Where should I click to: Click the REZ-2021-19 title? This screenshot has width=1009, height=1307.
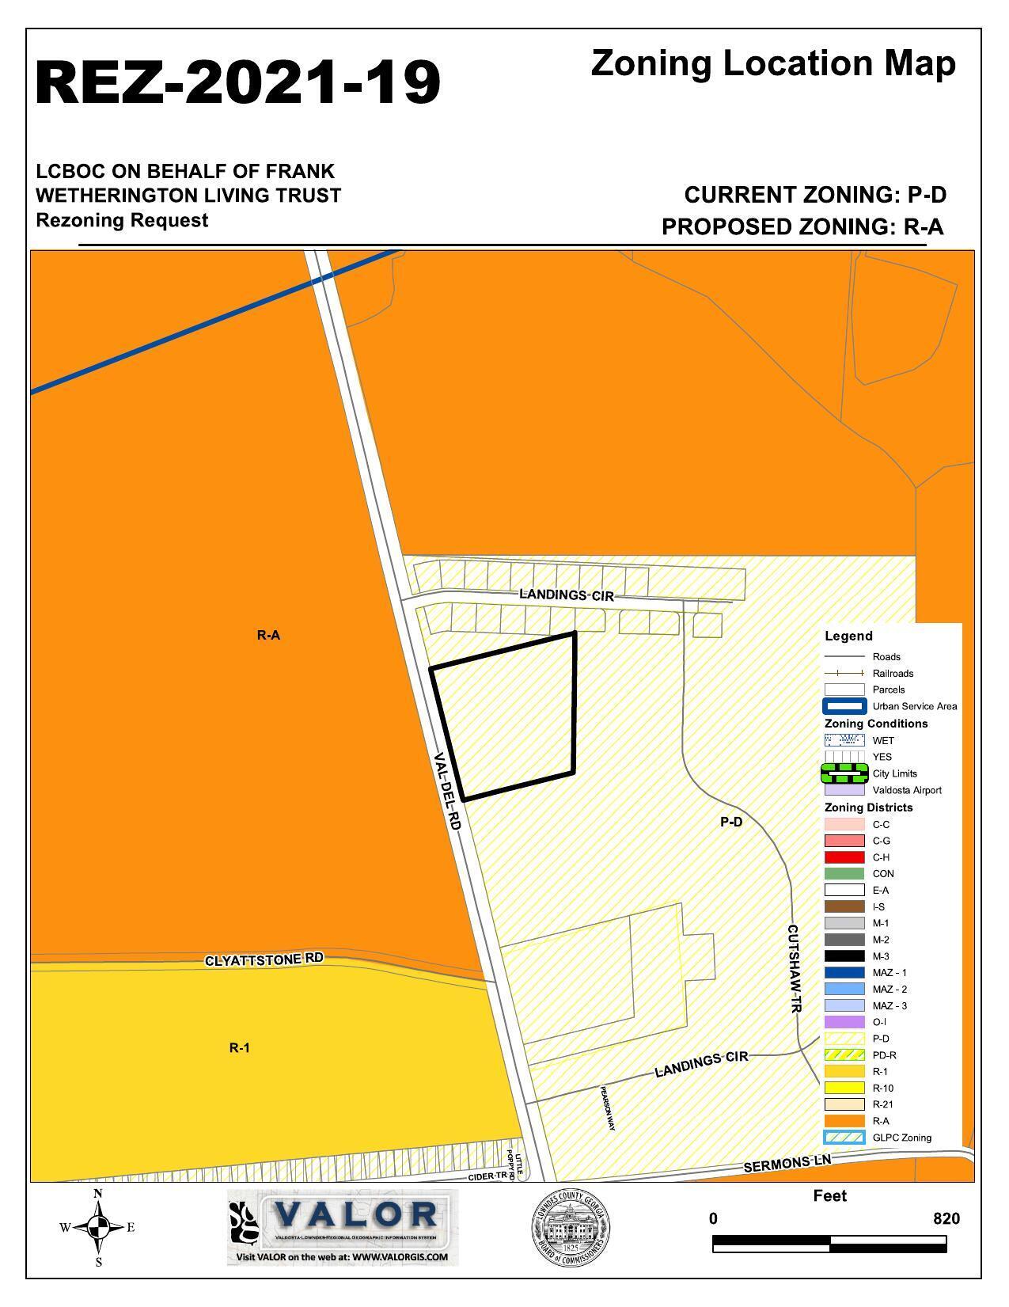click(x=237, y=82)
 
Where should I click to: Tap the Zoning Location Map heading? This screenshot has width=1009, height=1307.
click(x=772, y=63)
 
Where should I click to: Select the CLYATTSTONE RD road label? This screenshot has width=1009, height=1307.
click(x=264, y=959)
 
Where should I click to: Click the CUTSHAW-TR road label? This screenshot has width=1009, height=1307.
click(x=795, y=968)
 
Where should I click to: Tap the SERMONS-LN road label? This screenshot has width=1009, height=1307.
click(x=788, y=1163)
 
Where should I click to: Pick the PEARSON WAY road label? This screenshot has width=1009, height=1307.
click(x=607, y=1107)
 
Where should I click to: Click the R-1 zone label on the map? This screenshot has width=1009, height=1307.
click(x=240, y=1047)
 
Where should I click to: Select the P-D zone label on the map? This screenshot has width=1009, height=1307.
click(x=731, y=823)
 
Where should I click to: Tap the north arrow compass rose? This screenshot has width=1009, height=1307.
click(x=98, y=1228)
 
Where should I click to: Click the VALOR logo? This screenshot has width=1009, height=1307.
click(x=342, y=1226)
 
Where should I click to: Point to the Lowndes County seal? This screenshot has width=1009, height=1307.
click(x=570, y=1228)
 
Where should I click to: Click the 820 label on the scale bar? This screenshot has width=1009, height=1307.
click(x=946, y=1218)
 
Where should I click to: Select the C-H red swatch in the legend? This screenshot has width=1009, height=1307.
click(x=844, y=857)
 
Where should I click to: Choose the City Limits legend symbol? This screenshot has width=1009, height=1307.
click(x=844, y=773)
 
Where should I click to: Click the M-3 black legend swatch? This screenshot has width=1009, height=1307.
click(x=844, y=956)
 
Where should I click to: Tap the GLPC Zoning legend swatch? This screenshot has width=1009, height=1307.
click(x=844, y=1138)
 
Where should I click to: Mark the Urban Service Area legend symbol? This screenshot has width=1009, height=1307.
click(x=844, y=706)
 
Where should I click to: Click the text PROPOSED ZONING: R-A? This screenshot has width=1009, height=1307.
click(x=802, y=227)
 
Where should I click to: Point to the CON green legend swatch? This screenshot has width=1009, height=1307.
click(x=844, y=874)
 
